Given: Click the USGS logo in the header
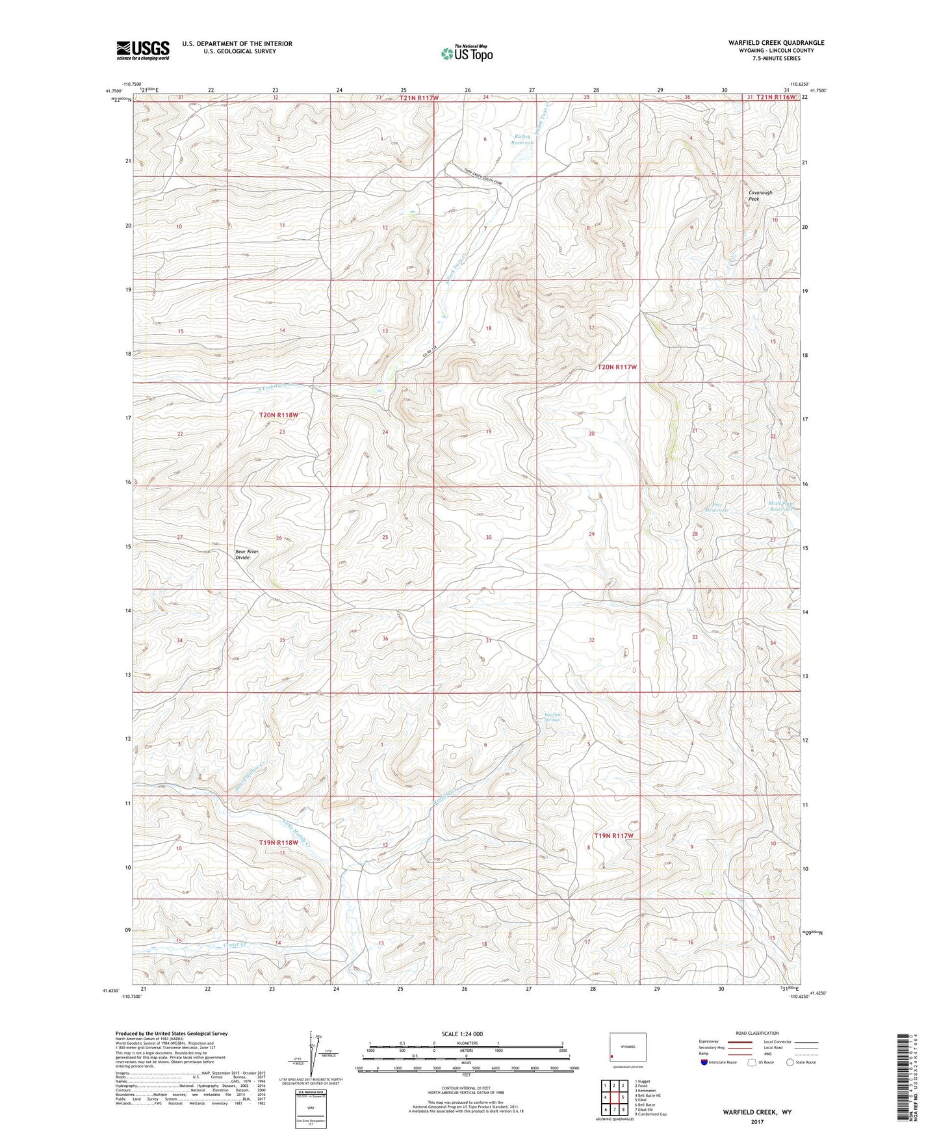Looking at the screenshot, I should [x=142, y=50].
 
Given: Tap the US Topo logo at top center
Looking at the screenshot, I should [x=467, y=53].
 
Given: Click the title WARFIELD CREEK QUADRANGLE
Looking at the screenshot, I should [x=776, y=43].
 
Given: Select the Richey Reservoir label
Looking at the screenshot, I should [x=523, y=140].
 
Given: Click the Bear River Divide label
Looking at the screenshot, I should [x=247, y=554].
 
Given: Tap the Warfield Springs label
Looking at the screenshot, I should [x=552, y=717].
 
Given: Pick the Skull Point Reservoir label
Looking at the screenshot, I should [x=782, y=506].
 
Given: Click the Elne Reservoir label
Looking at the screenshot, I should [x=717, y=508].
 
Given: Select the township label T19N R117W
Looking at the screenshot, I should [x=613, y=835].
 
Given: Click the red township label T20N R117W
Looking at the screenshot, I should [x=617, y=367].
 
